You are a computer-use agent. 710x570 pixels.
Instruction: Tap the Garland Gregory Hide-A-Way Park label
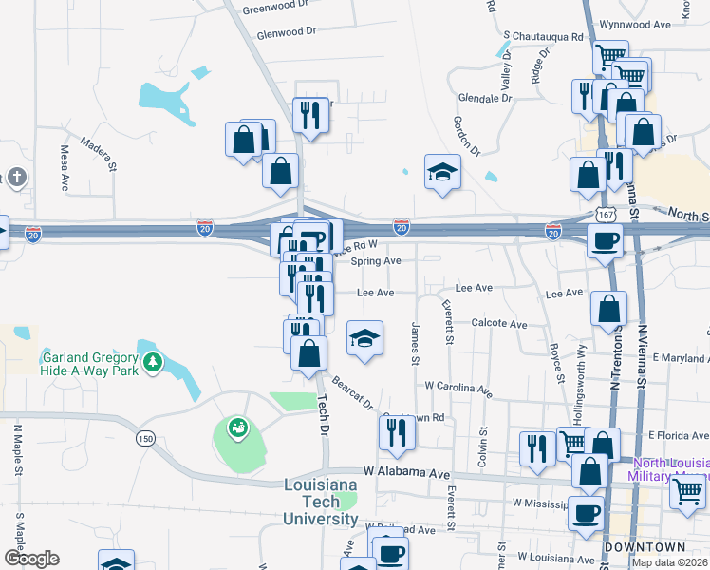(x=90, y=364)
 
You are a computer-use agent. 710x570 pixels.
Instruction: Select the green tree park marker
(x=152, y=362)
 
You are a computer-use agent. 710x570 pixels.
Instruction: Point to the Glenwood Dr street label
(x=286, y=32)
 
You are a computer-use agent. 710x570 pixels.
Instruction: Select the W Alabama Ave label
(x=405, y=472)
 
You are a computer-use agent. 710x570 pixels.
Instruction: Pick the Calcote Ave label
(x=499, y=324)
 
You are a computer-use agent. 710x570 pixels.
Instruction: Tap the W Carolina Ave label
(x=458, y=389)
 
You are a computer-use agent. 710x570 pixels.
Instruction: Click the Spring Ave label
(x=376, y=260)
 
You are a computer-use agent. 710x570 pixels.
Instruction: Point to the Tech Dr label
(x=324, y=415)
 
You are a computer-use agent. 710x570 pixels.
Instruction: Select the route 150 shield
(x=144, y=438)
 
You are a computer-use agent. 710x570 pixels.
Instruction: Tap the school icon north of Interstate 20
(x=442, y=172)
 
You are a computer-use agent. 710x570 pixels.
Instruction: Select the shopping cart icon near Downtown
(x=688, y=491)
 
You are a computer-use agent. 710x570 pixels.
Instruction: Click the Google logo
(x=30, y=559)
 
